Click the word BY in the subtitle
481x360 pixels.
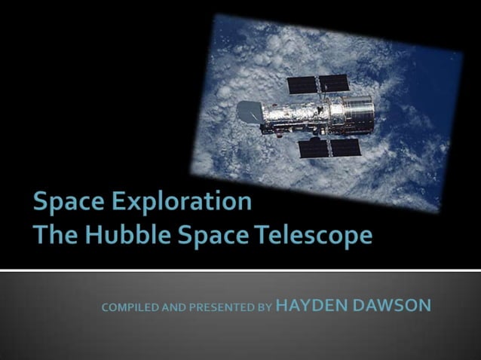(x=265, y=308)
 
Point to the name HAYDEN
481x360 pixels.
(x=311, y=307)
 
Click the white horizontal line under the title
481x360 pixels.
(x=240, y=270)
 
